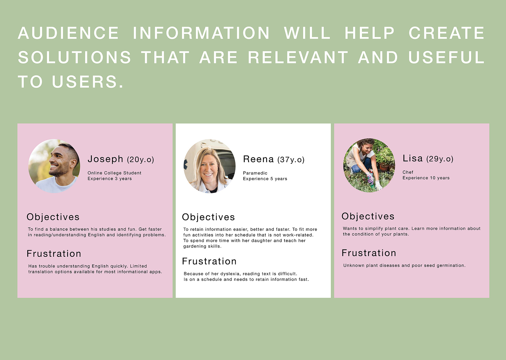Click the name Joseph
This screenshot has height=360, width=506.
click(105, 159)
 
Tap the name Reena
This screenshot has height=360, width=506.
click(258, 159)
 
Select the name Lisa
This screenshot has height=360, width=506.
click(412, 158)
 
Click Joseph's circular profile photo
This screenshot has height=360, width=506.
click(54, 166)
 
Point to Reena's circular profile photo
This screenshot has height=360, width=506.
click(209, 166)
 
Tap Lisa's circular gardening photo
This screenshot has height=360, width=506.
click(369, 165)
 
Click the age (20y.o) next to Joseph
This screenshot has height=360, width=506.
click(141, 160)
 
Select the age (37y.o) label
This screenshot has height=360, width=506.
click(291, 160)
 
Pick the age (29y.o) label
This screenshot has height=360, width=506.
click(440, 159)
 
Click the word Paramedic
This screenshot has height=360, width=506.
click(255, 173)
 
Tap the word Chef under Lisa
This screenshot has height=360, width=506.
click(408, 172)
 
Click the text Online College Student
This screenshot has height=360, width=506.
click(114, 173)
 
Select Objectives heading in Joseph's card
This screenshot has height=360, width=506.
click(53, 217)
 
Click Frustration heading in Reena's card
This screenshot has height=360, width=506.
click(209, 261)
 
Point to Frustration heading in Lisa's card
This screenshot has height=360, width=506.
click(369, 253)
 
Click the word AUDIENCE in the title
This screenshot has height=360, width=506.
click(68, 33)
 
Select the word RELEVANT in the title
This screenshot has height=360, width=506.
click(298, 57)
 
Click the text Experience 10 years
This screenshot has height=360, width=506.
click(426, 178)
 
